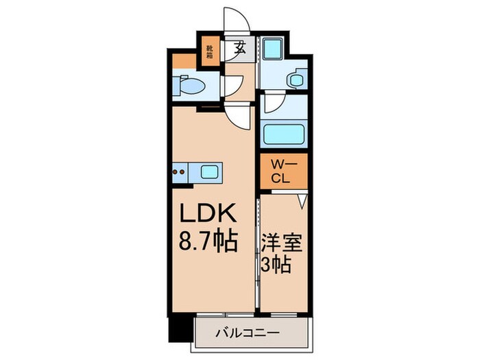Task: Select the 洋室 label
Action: (x=282, y=243)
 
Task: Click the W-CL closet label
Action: (x=283, y=169)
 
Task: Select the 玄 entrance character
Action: (x=240, y=48)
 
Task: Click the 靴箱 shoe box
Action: (x=211, y=52)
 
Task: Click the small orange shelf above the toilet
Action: (x=183, y=60)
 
